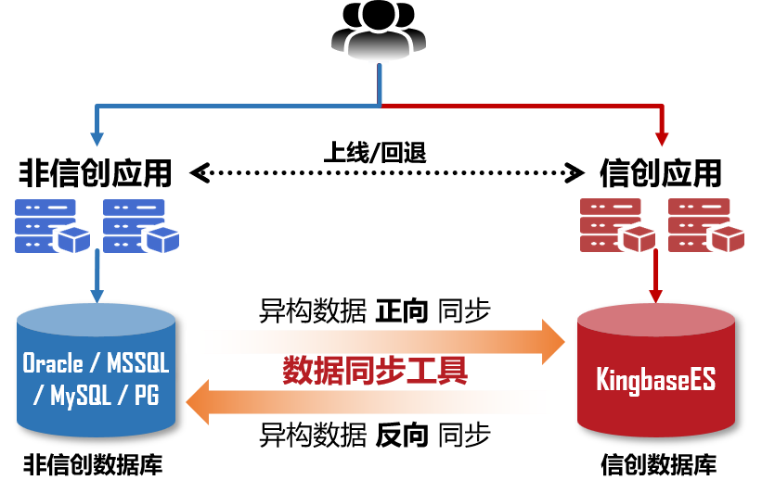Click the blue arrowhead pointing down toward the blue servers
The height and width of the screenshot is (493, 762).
(x=97, y=139)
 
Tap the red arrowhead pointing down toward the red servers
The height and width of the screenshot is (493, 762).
(x=662, y=139)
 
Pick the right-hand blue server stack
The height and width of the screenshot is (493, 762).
(x=137, y=226)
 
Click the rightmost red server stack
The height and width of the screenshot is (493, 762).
(x=703, y=226)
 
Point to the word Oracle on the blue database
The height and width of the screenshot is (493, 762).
(x=53, y=362)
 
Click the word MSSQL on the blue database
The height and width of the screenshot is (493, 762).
(x=138, y=362)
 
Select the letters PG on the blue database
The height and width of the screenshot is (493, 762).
(x=146, y=396)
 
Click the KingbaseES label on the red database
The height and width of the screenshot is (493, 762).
(x=655, y=380)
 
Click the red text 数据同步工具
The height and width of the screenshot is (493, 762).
(x=375, y=371)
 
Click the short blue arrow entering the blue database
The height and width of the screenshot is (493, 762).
(x=97, y=278)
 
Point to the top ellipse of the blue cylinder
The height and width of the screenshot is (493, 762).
(x=97, y=321)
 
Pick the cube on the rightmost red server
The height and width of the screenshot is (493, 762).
(x=727, y=238)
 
